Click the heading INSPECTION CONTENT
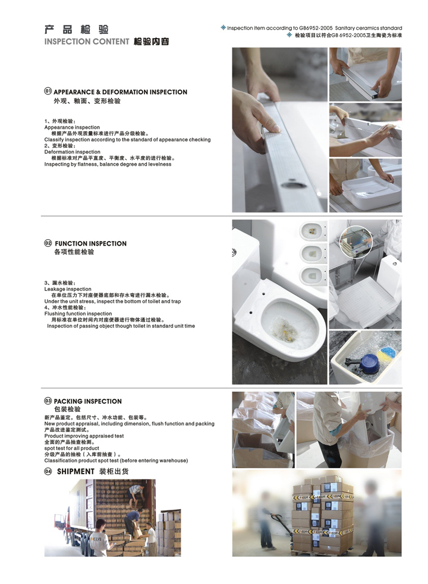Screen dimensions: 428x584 (87, 42)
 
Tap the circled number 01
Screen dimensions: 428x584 (48, 91)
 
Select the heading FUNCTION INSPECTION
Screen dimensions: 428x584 (91, 243)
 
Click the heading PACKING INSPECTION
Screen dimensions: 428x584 (88, 401)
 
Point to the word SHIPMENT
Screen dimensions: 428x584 (75, 471)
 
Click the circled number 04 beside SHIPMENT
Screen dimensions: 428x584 (48, 471)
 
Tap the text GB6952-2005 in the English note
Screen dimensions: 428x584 (316, 28)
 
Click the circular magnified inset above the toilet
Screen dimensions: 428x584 (356, 241)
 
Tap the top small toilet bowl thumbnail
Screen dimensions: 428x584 (313, 231)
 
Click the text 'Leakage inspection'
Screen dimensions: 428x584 (68, 289)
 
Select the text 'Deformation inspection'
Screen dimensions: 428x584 (73, 152)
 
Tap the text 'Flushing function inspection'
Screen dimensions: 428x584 (78, 313)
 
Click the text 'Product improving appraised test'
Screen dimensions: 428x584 (84, 436)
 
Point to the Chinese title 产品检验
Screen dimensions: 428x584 (77, 29)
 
